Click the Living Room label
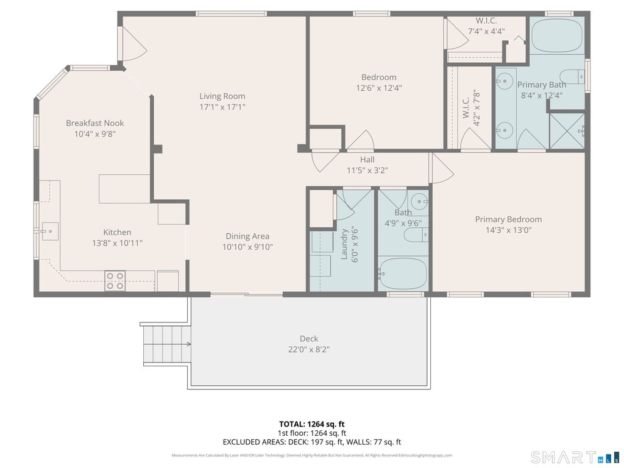222,96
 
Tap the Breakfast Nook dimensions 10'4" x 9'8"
94,134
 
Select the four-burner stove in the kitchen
115,280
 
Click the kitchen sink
50,231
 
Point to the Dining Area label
247,236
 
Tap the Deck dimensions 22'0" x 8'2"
309,349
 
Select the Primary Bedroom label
508,219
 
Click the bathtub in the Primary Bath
557,35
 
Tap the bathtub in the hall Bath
403,274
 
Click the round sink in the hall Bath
419,202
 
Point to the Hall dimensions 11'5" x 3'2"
367,171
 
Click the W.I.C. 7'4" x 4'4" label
486,26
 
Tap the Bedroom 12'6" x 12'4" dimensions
379,88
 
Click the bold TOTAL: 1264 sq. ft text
311,424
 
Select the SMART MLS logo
575,457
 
